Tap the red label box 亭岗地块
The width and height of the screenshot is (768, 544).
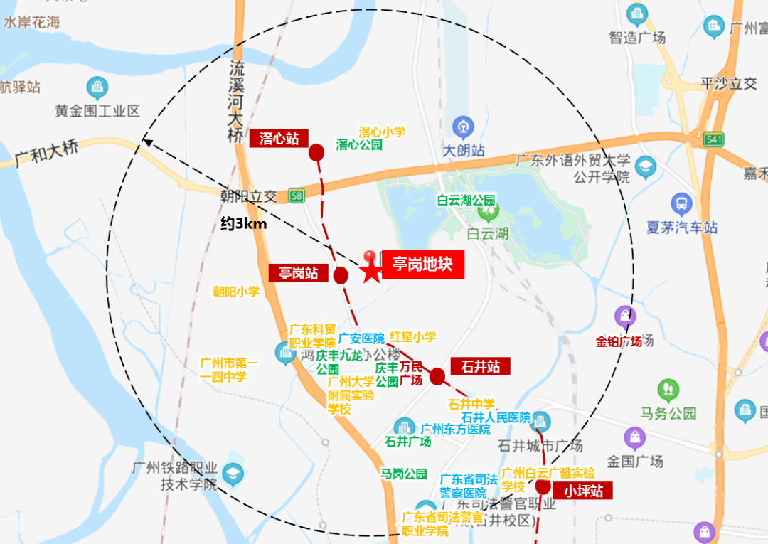422,265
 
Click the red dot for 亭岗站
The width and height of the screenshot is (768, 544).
341,275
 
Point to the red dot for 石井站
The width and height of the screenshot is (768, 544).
437,376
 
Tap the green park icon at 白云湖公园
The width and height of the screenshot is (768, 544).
488,211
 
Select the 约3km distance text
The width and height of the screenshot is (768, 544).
243,224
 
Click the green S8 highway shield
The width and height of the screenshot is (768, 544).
296,195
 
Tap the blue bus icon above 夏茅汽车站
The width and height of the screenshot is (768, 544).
681,205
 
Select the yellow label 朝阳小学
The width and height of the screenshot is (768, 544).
236,292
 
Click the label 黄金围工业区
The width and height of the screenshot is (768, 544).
97,112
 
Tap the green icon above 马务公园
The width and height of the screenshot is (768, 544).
668,390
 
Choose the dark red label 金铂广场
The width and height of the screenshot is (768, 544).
619,341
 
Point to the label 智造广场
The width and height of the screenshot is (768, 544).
637,38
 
